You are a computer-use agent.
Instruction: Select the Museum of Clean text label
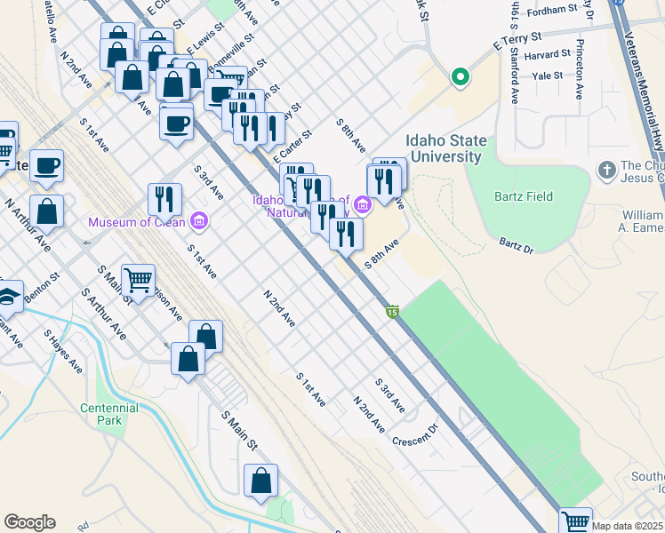[x=137, y=221]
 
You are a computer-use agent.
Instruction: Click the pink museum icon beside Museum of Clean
[x=198, y=221]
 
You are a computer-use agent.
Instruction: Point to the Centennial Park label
[x=108, y=413]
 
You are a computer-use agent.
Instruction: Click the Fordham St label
[x=552, y=12]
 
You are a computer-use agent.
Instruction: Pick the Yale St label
[x=547, y=76]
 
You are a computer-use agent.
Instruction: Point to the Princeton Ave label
[x=580, y=68]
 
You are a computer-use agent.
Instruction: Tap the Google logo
[x=29, y=522]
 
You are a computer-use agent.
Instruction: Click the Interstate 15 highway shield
[x=392, y=312]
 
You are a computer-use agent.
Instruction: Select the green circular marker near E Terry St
[x=460, y=77]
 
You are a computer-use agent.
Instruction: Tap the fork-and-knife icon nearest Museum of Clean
[x=164, y=198]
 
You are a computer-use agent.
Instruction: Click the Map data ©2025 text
[x=628, y=526]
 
